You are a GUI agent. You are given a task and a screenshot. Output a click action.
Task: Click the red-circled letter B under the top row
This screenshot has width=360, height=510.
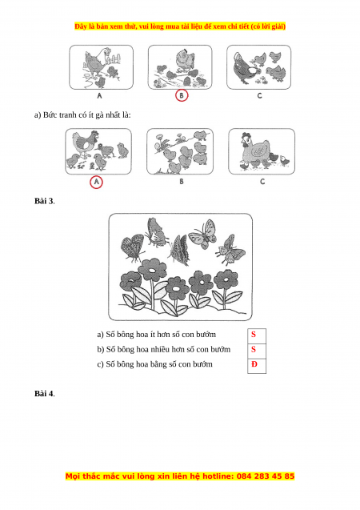pos(182,95)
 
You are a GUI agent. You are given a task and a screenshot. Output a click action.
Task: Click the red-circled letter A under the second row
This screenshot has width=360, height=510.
pos(96,183)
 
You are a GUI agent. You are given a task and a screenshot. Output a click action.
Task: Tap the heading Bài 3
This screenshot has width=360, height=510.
pos(45,201)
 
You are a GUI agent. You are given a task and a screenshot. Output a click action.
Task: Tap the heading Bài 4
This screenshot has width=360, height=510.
pos(45,394)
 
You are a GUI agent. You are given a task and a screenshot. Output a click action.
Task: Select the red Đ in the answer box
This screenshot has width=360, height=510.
pos(254,364)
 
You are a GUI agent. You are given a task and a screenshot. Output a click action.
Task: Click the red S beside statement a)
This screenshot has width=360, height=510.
pos(254,335)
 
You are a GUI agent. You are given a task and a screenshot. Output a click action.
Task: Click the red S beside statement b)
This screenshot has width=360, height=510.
pos(254,349)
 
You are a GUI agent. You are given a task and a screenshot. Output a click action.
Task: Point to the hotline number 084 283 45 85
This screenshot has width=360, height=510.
pos(266,476)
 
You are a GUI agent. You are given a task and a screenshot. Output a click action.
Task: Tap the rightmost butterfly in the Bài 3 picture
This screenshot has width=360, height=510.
pos(230,250)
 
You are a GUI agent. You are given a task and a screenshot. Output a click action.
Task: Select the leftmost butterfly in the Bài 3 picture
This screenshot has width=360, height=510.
pos(133,248)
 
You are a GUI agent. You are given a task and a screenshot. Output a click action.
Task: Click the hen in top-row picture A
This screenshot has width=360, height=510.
pos(96,62)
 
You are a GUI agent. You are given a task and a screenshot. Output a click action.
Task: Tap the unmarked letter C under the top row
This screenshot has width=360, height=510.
pos(259,95)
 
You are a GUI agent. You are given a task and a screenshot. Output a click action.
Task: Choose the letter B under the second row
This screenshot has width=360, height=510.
pos(182,182)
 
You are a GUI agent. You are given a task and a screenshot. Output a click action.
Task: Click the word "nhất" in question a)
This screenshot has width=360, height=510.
pos(114,114)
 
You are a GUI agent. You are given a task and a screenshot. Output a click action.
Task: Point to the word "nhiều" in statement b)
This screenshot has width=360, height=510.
pos(163,350)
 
